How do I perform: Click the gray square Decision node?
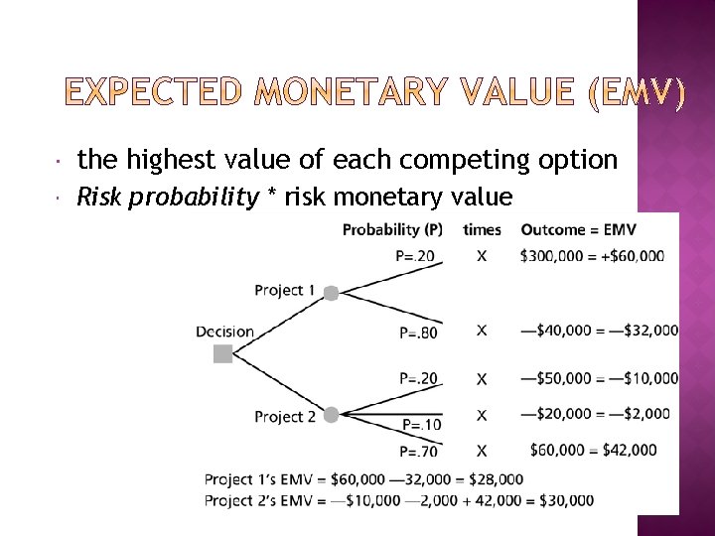pyautogui.click(x=222, y=353)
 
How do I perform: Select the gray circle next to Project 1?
pyautogui.click(x=332, y=293)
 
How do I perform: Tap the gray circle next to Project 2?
pyautogui.click(x=331, y=415)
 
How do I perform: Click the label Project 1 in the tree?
pyautogui.click(x=284, y=291)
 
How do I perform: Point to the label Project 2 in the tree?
pyautogui.click(x=284, y=417)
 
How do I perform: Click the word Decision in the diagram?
pyautogui.click(x=224, y=332)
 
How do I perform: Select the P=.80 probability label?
pyautogui.click(x=417, y=333)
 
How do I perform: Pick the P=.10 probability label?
pyautogui.click(x=421, y=425)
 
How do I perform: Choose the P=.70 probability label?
pyautogui.click(x=418, y=452)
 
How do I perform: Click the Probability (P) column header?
pyautogui.click(x=392, y=229)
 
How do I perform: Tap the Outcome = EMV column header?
pyautogui.click(x=578, y=229)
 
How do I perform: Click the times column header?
pyautogui.click(x=482, y=229)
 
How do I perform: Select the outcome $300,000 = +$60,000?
pyautogui.click(x=592, y=256)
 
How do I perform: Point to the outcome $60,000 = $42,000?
pyautogui.click(x=593, y=450)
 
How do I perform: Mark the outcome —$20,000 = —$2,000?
pyautogui.click(x=595, y=414)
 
